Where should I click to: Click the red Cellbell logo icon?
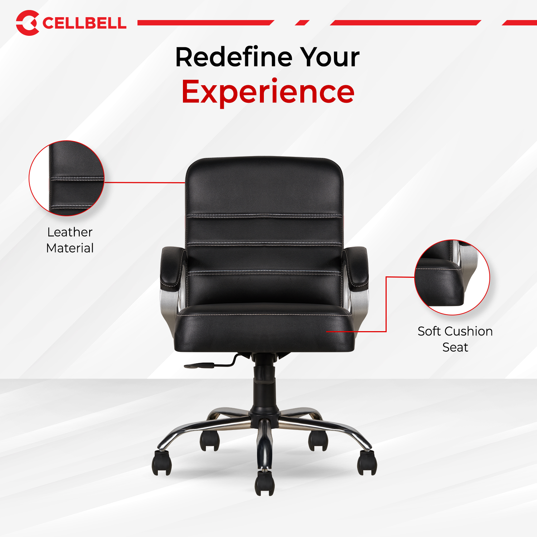[x=27, y=23]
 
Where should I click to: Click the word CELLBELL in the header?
[x=84, y=23]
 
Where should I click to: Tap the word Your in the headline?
[x=330, y=57]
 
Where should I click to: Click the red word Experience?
[x=268, y=92]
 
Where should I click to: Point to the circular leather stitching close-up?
[x=67, y=178]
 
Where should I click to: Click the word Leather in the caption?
[x=70, y=232]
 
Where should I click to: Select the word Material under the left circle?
[x=70, y=248]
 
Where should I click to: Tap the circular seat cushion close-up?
[x=452, y=277]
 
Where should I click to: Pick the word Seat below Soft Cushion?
[x=455, y=347]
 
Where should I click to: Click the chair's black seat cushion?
[x=264, y=328]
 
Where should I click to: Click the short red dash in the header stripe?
[x=302, y=23]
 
